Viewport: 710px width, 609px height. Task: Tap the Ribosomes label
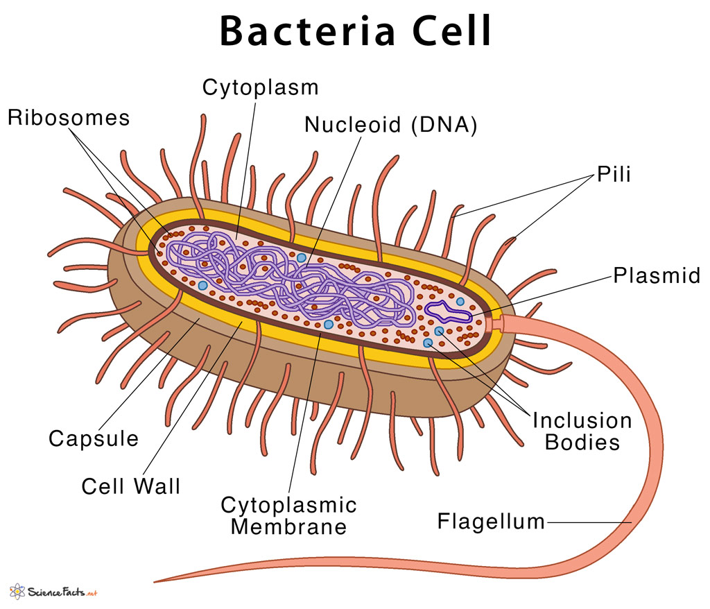(69, 117)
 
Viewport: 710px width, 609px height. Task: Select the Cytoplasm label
(260, 87)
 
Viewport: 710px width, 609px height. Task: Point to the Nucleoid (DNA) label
(391, 125)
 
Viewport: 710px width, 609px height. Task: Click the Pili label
(614, 174)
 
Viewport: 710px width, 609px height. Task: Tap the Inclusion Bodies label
(582, 431)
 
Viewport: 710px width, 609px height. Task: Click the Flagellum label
(491, 522)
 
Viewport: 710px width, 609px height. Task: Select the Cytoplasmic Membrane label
(288, 515)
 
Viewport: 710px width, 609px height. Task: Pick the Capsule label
(94, 438)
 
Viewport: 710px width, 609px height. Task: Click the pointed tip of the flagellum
(158, 580)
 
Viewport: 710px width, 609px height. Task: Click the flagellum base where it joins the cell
(498, 323)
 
